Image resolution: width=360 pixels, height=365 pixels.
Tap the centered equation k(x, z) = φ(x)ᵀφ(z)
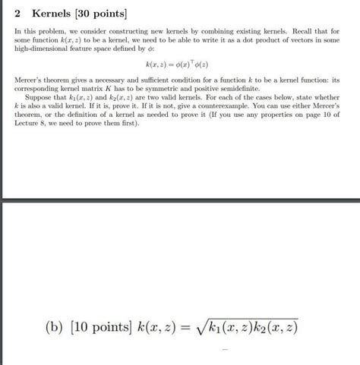tap(180, 64)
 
